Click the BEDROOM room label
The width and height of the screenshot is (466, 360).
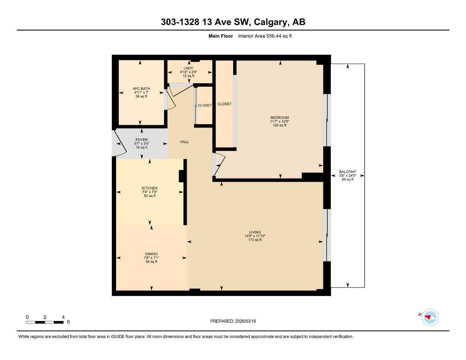click(x=280, y=117)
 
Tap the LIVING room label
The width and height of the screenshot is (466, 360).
click(x=255, y=232)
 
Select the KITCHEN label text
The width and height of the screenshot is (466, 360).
click(x=149, y=188)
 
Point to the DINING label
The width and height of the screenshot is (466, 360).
click(x=151, y=254)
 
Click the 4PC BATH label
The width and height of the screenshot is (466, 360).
click(x=141, y=89)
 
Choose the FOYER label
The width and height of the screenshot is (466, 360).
click(x=141, y=140)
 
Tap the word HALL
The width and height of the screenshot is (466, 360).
click(x=184, y=142)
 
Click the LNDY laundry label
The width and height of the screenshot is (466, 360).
click(x=188, y=68)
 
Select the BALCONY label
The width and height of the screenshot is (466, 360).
click(x=347, y=172)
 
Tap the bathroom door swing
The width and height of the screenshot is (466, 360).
click(x=170, y=98)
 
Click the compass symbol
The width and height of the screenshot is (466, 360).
click(x=430, y=317)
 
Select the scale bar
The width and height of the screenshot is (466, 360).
click(x=45, y=322)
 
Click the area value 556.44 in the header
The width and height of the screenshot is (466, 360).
click(x=273, y=36)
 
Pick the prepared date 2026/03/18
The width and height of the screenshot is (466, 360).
click(x=245, y=321)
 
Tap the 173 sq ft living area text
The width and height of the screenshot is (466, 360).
click(x=255, y=240)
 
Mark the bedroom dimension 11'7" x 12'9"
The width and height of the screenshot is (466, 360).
click(x=280, y=121)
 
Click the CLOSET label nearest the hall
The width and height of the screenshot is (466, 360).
click(x=204, y=105)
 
